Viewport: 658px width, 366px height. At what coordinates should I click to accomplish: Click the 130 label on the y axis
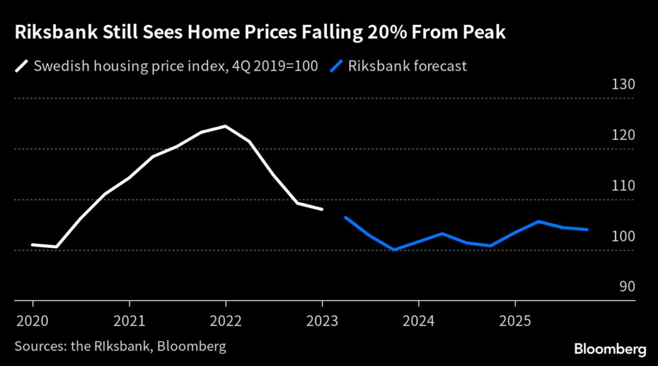pyautogui.click(x=623, y=85)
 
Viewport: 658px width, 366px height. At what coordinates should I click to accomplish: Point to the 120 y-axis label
pyautogui.click(x=623, y=135)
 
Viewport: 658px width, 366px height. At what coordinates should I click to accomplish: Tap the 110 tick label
pyautogui.click(x=623, y=186)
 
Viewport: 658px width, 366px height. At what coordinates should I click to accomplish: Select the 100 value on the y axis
pyautogui.click(x=623, y=236)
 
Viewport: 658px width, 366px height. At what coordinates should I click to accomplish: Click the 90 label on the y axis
pyautogui.click(x=627, y=286)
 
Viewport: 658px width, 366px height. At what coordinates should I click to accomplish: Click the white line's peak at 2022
pyautogui.click(x=226, y=126)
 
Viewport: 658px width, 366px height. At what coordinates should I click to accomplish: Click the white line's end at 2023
pyautogui.click(x=322, y=209)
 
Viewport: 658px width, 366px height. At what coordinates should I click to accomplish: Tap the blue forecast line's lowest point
pyautogui.click(x=394, y=250)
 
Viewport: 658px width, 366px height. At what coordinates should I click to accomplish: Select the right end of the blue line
pyautogui.click(x=587, y=229)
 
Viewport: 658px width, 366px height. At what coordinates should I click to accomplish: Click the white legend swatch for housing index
pyautogui.click(x=24, y=65)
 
